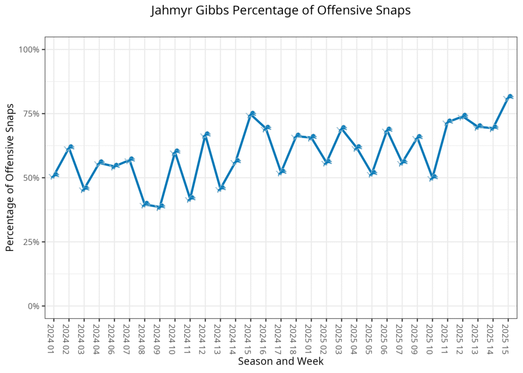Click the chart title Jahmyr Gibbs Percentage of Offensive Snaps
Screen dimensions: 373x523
click(280, 11)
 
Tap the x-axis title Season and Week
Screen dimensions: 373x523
click(280, 361)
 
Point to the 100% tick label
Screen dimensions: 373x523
click(29, 49)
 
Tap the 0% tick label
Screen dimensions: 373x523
click(33, 306)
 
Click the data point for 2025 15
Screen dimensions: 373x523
click(508, 97)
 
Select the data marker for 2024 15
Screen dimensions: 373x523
click(251, 114)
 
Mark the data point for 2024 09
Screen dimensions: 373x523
click(160, 207)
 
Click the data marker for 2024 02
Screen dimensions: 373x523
click(69, 147)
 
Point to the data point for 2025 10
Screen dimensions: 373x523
click(433, 178)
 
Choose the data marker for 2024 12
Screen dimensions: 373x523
click(205, 135)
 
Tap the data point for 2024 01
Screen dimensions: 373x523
click(54, 176)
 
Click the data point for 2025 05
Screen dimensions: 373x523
click(372, 173)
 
